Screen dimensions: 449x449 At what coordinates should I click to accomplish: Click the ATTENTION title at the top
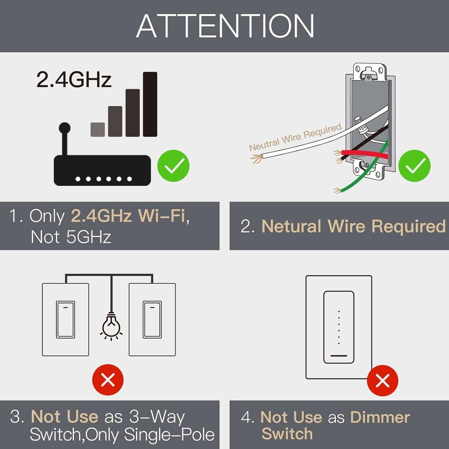pyautogui.click(x=225, y=26)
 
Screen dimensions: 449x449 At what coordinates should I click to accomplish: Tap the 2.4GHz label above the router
pyautogui.click(x=74, y=80)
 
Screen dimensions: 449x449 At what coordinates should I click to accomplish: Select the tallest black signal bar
pyautogui.click(x=150, y=104)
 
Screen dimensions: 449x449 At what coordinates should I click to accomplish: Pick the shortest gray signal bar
pyautogui.click(x=98, y=129)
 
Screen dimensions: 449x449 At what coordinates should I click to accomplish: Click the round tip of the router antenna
pyautogui.click(x=65, y=128)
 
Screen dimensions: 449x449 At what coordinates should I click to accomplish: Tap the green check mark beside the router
pyautogui.click(x=173, y=166)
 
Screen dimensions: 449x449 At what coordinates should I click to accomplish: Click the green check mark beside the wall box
pyautogui.click(x=415, y=166)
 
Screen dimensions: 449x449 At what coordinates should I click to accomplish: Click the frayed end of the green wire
pyautogui.click(x=337, y=190)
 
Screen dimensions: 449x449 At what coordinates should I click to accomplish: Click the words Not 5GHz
pyautogui.click(x=71, y=237)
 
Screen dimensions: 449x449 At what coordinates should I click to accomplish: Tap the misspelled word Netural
pyautogui.click(x=291, y=226)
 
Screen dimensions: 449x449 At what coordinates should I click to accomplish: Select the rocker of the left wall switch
pyautogui.click(x=65, y=319)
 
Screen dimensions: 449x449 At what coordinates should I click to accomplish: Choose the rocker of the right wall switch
pyautogui.click(x=152, y=319)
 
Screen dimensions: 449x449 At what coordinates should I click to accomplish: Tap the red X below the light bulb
pyautogui.click(x=108, y=380)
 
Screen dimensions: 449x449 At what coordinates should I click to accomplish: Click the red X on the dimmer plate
pyautogui.click(x=382, y=381)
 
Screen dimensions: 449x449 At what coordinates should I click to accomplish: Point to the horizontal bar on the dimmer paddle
pyautogui.click(x=339, y=356)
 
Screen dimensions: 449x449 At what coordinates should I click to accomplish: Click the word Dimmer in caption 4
pyautogui.click(x=380, y=417)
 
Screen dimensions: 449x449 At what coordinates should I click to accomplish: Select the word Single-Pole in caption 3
pyautogui.click(x=169, y=435)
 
